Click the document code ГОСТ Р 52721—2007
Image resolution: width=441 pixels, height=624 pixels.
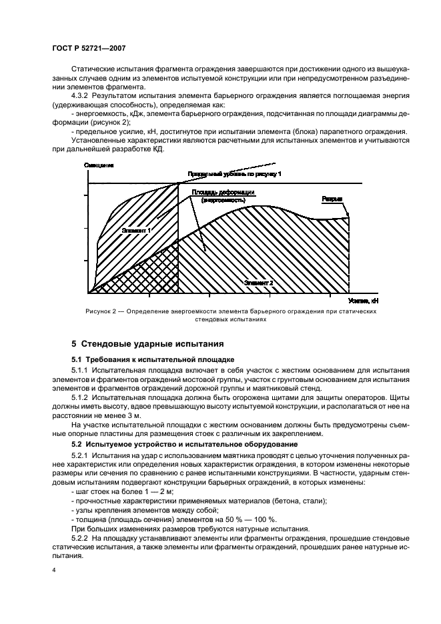88,48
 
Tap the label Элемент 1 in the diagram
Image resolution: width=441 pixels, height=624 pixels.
136,229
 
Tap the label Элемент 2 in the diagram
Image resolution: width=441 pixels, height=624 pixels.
259,282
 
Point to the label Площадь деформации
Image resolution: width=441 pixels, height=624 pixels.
224,192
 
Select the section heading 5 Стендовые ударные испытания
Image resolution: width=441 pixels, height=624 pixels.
147,345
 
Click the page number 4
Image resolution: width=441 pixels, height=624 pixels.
54,571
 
